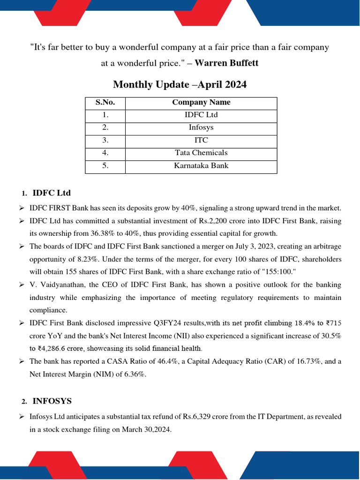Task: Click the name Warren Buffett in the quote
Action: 226,63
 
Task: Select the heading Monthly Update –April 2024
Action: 180,84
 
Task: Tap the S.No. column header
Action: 105,102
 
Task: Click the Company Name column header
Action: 201,102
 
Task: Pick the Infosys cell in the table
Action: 201,127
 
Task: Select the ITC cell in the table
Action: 201,140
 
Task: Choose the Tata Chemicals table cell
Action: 201,153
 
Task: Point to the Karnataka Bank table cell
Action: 201,165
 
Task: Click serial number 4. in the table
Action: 105,153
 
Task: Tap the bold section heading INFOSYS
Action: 52,401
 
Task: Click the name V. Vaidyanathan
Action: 57,285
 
